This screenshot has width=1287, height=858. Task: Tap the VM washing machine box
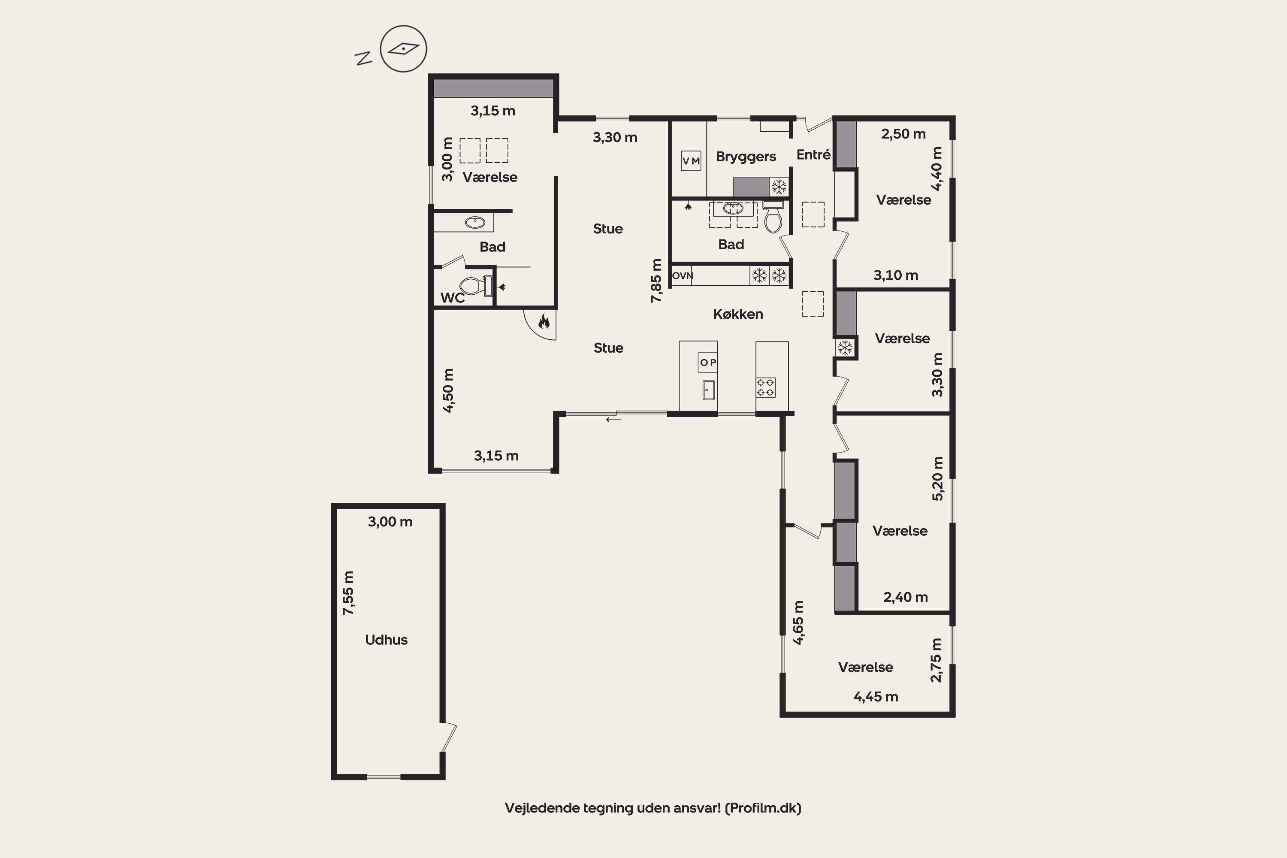pyautogui.click(x=691, y=161)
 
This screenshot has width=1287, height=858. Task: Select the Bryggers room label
pyautogui.click(x=746, y=157)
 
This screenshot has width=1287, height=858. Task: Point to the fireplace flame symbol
pyautogui.click(x=544, y=321)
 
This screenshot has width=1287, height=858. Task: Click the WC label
pyautogui.click(x=453, y=298)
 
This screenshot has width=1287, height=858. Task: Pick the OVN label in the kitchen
pyautogui.click(x=683, y=276)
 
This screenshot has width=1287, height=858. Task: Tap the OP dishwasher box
pyautogui.click(x=707, y=362)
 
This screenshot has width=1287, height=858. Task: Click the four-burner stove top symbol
pyautogui.click(x=765, y=387)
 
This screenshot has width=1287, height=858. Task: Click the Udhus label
pyautogui.click(x=387, y=640)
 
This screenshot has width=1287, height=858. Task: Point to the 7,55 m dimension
pyautogui.click(x=348, y=592)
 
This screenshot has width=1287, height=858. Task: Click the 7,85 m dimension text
pyautogui.click(x=656, y=281)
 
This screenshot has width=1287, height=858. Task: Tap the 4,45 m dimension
pyautogui.click(x=876, y=697)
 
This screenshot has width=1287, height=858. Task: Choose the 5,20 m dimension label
pyautogui.click(x=937, y=479)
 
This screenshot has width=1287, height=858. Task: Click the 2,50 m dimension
pyautogui.click(x=903, y=133)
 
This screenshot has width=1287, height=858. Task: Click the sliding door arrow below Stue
pyautogui.click(x=613, y=420)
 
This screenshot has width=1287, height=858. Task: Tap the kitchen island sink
pyautogui.click(x=709, y=390)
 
